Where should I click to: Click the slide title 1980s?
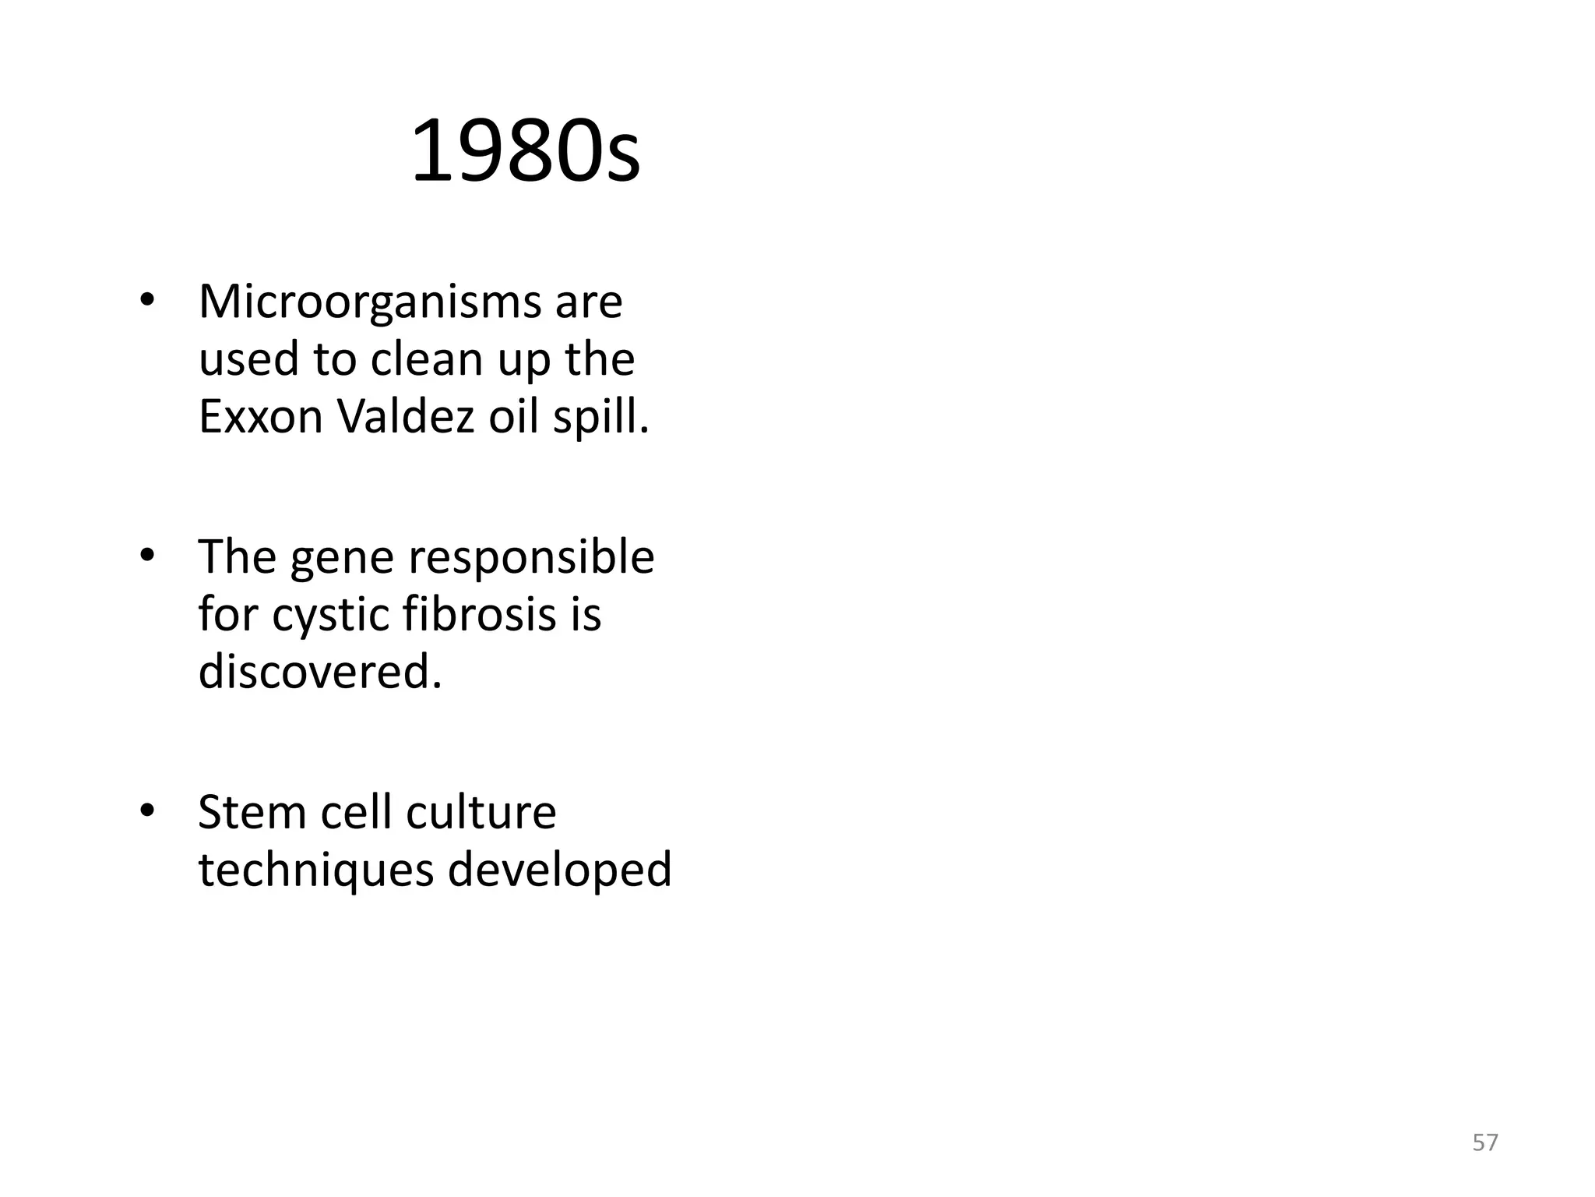coord(525,151)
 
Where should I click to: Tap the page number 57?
coord(1484,1142)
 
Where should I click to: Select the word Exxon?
coord(260,417)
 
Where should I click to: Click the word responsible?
coord(531,558)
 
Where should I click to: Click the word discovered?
coord(320,671)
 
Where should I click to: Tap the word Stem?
coord(252,813)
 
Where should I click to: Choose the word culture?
coord(481,813)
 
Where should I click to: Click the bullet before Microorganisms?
coord(146,303)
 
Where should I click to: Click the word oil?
coord(512,417)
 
